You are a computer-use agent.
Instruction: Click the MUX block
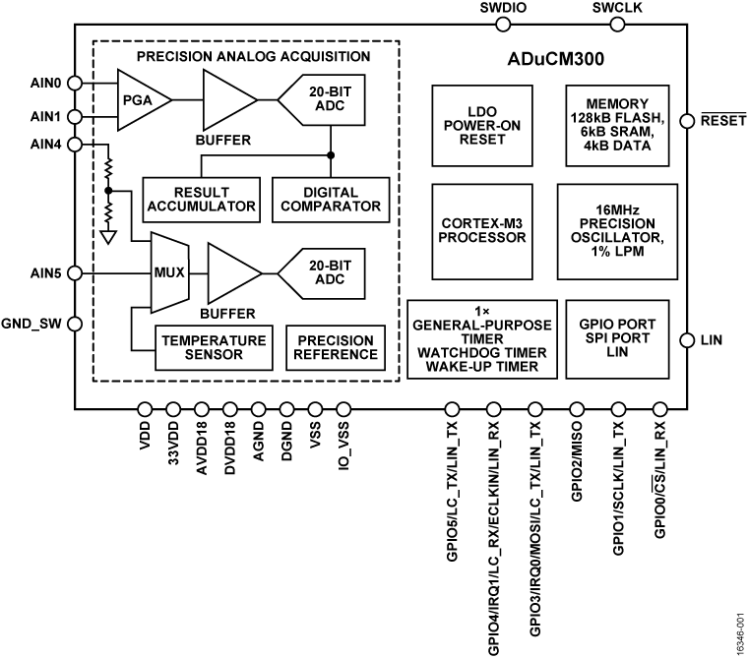coord(168,271)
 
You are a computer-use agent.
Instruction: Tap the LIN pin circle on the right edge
coord(688,340)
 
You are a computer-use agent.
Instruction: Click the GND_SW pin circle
coord(75,323)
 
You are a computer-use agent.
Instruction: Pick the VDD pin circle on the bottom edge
coord(146,408)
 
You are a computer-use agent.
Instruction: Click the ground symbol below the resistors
coord(107,234)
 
